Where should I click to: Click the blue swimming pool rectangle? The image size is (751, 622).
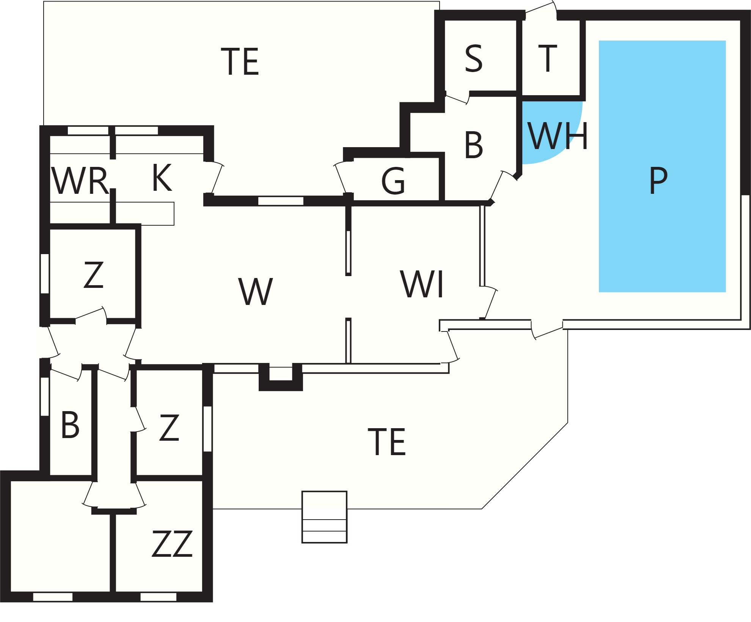click(662, 166)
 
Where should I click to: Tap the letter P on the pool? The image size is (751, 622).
click(658, 181)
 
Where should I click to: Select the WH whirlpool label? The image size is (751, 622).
click(558, 136)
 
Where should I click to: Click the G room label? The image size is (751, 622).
click(393, 181)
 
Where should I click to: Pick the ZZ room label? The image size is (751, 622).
click(172, 543)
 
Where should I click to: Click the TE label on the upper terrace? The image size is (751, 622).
click(240, 61)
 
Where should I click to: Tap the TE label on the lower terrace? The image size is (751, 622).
click(387, 441)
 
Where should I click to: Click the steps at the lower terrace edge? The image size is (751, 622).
click(324, 517)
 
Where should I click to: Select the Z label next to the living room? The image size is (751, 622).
click(93, 275)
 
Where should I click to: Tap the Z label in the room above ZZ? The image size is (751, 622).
click(169, 427)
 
